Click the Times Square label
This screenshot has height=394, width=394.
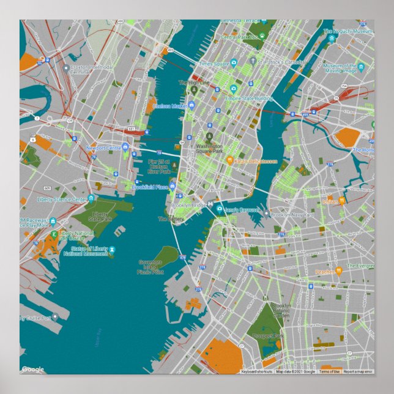click(x=214, y=64)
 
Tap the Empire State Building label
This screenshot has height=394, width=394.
click(x=248, y=98)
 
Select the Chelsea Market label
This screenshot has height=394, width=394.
click(x=169, y=106)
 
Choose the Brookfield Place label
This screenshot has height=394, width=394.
click(x=150, y=187)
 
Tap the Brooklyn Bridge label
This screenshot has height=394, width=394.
click(x=190, y=206)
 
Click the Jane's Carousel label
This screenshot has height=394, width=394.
click(x=242, y=209)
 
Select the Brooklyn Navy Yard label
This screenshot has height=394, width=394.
click(x=292, y=215)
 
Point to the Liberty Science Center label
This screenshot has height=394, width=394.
click(x=62, y=199)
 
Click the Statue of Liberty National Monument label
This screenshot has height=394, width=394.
click(x=89, y=251)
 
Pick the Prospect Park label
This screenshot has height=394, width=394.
click(x=271, y=336)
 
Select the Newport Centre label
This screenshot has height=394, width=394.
click(x=104, y=148)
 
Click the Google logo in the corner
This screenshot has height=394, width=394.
click(x=33, y=369)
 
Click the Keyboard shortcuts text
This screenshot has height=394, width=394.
click(x=256, y=371)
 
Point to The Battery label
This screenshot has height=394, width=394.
click(x=171, y=218)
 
